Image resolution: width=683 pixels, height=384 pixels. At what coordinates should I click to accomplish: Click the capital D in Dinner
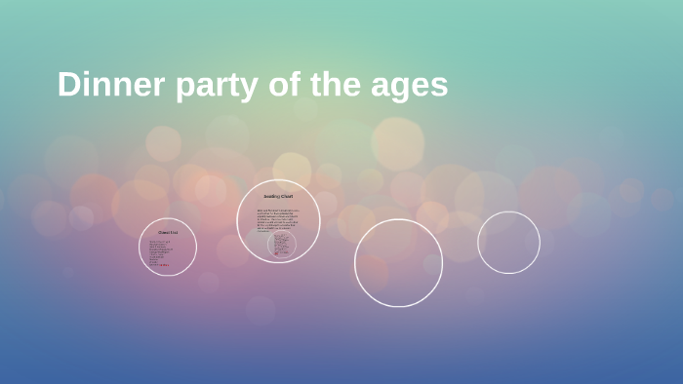[68, 85]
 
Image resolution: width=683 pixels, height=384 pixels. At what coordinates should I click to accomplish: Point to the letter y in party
[254, 89]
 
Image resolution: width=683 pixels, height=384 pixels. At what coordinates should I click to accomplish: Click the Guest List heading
[168, 233]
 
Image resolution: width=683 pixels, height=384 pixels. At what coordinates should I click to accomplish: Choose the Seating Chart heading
[278, 197]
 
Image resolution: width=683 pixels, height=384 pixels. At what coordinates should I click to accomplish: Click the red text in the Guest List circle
[164, 265]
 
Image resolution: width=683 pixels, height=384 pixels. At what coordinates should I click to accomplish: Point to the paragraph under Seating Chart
[278, 219]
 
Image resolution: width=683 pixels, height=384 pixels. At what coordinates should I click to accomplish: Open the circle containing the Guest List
[168, 247]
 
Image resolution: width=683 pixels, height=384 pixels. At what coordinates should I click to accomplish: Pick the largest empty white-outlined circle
[398, 262]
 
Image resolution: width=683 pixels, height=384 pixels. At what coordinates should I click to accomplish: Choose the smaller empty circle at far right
[508, 242]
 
